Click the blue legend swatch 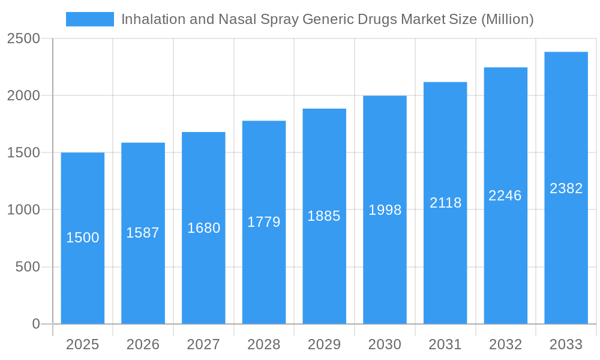(x=89, y=19)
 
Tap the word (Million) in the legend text (x=507, y=19)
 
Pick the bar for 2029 (x=324, y=270)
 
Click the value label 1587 (x=143, y=233)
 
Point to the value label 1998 (x=385, y=210)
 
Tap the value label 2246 (x=505, y=196)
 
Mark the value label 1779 (x=264, y=222)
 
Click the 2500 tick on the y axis (x=23, y=39)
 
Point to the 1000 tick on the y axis (x=23, y=210)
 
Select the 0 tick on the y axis (x=36, y=324)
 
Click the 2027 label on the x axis (x=203, y=344)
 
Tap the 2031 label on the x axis (x=445, y=344)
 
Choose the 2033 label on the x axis (x=566, y=344)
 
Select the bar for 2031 (x=445, y=270)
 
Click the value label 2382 (x=566, y=188)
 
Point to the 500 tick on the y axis (x=28, y=267)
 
